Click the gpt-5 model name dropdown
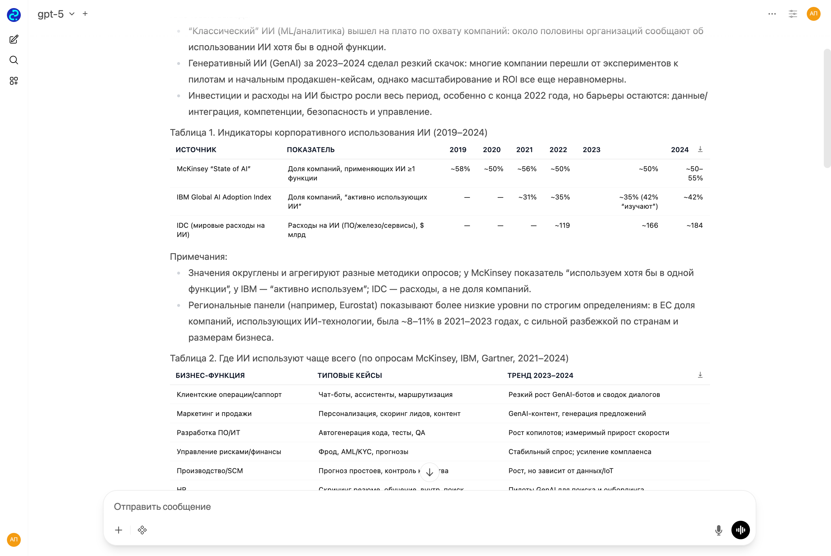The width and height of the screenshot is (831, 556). (56, 14)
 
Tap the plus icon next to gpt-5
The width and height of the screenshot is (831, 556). (85, 14)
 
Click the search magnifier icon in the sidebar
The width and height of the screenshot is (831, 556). (14, 60)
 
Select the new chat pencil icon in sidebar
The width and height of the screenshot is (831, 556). (14, 39)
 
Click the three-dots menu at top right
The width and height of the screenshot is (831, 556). (772, 14)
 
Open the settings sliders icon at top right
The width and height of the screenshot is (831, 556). (793, 14)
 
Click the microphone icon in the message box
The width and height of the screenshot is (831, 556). (718, 530)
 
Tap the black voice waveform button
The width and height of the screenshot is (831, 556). (740, 530)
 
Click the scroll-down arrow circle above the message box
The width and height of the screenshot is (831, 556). (430, 472)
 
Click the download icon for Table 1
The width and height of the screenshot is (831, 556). (700, 149)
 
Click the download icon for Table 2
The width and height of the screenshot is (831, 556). (700, 375)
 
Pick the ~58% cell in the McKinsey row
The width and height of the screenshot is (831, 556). (460, 169)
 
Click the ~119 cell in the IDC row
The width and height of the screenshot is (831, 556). (562, 225)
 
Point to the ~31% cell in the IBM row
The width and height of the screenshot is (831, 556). (527, 197)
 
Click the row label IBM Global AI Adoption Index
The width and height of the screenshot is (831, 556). (224, 197)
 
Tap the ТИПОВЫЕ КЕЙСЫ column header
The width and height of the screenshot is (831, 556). (349, 376)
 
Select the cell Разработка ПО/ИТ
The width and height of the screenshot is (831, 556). (208, 433)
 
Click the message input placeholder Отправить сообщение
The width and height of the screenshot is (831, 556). (162, 507)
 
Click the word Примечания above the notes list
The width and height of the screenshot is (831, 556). (199, 257)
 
